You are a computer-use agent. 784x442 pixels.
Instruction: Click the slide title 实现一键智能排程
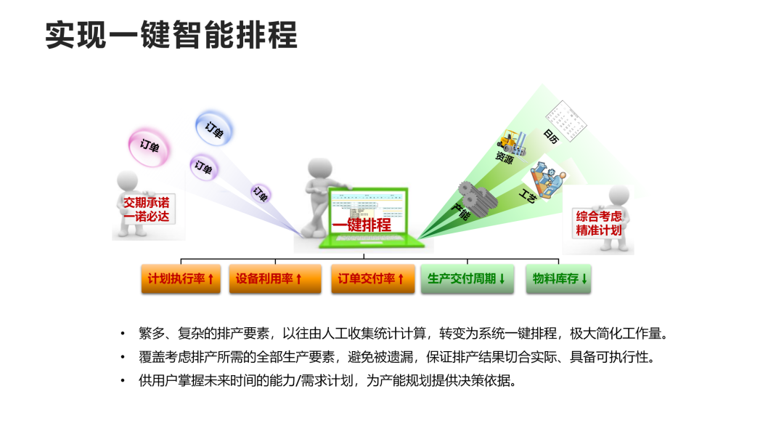(x=171, y=35)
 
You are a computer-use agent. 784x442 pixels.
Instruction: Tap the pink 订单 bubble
(x=150, y=146)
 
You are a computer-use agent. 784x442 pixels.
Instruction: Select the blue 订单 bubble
(x=214, y=129)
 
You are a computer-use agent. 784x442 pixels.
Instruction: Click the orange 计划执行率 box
(x=181, y=278)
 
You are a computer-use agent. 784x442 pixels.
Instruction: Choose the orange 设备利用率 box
(x=274, y=278)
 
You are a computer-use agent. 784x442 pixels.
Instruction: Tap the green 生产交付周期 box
(x=467, y=278)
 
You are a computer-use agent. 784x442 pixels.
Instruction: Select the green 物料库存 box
(x=558, y=278)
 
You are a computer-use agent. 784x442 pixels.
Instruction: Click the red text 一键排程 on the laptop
(x=362, y=225)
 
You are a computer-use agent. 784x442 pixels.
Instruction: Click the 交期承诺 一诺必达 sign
(x=145, y=209)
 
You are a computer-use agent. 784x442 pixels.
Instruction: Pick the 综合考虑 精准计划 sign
(x=599, y=222)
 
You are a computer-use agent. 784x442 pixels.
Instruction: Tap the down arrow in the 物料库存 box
(x=584, y=278)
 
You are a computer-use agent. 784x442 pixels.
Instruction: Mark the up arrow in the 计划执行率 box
(x=211, y=278)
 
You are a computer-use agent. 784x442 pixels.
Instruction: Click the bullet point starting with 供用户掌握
(x=327, y=380)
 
